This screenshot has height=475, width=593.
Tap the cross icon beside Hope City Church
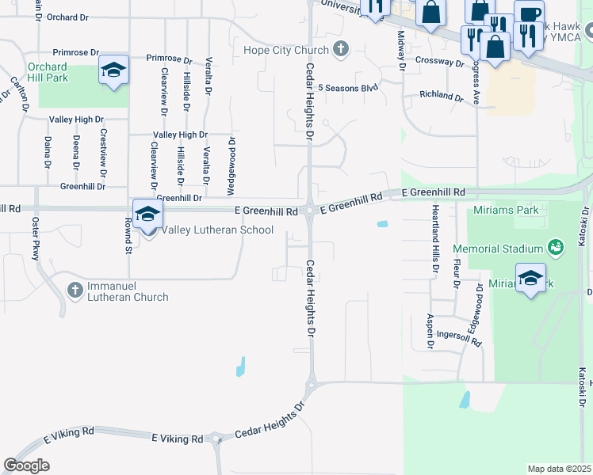point(341,50)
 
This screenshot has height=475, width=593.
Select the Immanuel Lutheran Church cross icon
point(75,288)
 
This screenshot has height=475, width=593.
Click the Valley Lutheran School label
point(217,230)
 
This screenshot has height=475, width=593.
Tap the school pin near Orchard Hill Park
point(113,70)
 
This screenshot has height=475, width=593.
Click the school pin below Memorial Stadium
point(530,278)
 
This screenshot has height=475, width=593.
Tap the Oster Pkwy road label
point(36,237)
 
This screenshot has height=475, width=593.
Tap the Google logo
point(27,465)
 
